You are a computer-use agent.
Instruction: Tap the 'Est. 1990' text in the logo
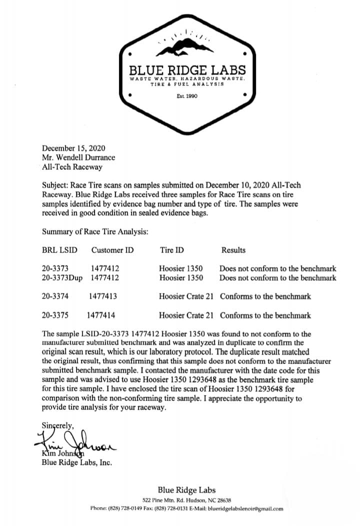point(186,96)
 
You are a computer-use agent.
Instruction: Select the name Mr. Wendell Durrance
point(78,157)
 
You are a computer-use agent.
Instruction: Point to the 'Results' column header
point(233,249)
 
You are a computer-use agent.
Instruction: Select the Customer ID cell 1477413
point(103,296)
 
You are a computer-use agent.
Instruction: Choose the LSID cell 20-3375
point(55,315)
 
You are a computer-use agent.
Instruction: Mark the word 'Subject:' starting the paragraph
point(55,185)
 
